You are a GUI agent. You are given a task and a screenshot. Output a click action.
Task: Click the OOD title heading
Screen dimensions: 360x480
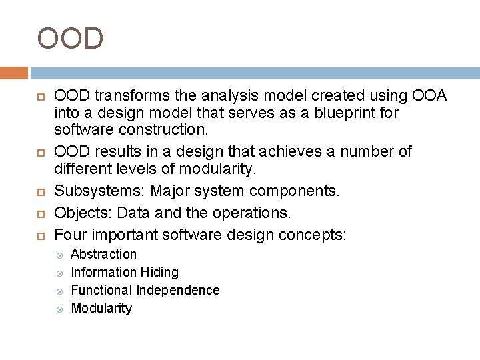(71, 38)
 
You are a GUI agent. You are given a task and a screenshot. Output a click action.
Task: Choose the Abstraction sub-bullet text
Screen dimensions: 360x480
(103, 254)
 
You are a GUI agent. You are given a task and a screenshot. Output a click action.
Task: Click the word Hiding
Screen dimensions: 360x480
(160, 272)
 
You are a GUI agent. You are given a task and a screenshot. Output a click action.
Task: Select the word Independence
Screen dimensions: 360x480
(177, 290)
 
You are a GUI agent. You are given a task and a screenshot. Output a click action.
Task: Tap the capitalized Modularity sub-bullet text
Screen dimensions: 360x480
(101, 308)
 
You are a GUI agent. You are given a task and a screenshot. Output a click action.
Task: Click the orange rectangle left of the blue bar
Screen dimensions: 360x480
(14, 73)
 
